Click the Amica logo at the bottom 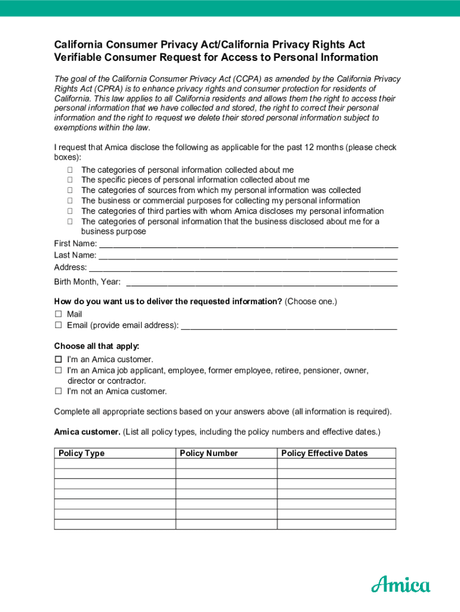click(x=400, y=583)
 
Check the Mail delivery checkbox click(x=59, y=314)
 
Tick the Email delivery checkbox click(x=59, y=325)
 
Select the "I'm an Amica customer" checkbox click(x=59, y=360)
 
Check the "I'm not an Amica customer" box click(x=59, y=391)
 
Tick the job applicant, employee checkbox click(x=59, y=371)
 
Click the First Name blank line click(x=248, y=244)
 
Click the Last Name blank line click(x=248, y=256)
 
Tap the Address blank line click(x=243, y=268)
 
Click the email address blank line click(x=289, y=326)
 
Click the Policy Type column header click(x=82, y=454)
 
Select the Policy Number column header click(x=208, y=454)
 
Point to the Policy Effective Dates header click(x=324, y=454)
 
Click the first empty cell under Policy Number click(x=226, y=464)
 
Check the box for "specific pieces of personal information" click(x=70, y=180)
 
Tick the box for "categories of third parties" click(x=70, y=211)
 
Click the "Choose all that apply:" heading click(x=97, y=346)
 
